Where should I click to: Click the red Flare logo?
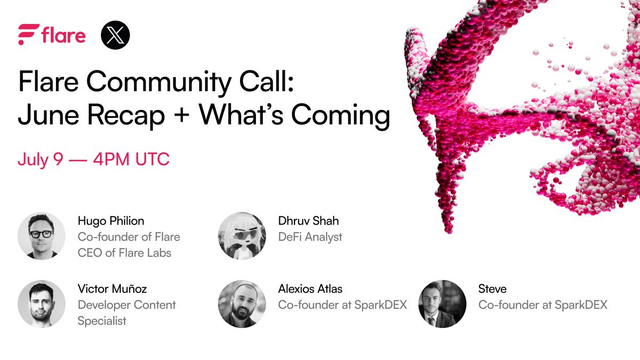[51, 35]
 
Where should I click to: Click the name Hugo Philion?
[111, 221]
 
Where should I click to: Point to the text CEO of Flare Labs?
[125, 252]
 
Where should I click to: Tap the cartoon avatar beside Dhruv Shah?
[242, 236]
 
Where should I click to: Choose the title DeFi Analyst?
[310, 236]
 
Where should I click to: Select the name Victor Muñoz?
[112, 289]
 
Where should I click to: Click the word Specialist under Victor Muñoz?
[102, 321]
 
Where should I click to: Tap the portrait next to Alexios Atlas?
[242, 303]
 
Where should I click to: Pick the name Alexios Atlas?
[310, 289]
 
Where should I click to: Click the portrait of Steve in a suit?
[442, 303]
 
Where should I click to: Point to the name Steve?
[492, 289]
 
